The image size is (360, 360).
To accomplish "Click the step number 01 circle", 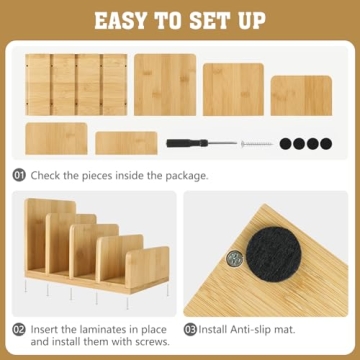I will click(x=19, y=176).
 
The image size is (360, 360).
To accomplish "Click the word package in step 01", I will click(x=184, y=176).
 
